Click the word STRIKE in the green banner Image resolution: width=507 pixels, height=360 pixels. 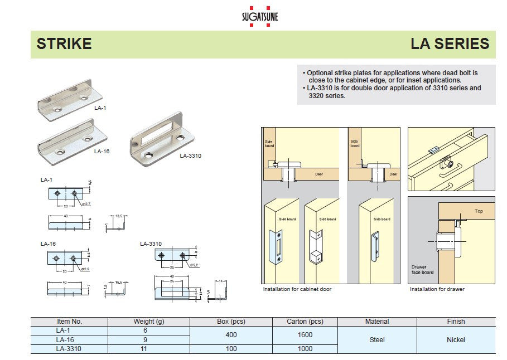coord(64,43)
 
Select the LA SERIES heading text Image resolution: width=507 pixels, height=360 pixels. coord(450,43)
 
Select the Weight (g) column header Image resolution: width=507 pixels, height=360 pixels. coord(148,322)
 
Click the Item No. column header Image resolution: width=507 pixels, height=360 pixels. coord(69,322)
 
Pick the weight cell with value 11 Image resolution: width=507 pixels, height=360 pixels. coord(148,349)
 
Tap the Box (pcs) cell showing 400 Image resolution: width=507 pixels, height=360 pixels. coord(231,335)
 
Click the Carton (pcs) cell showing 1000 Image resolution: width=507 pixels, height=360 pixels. coord(305,349)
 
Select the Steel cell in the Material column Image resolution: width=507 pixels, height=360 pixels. coord(377,339)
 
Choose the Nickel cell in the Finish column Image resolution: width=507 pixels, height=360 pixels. coord(456,339)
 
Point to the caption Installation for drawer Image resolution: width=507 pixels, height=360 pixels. coord(437,289)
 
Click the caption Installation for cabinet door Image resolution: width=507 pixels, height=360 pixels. coord(297,289)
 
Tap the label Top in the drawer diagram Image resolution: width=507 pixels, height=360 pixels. coord(479,211)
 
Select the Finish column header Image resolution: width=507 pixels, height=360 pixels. coord(456,322)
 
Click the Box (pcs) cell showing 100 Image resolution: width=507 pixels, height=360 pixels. coord(231,349)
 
